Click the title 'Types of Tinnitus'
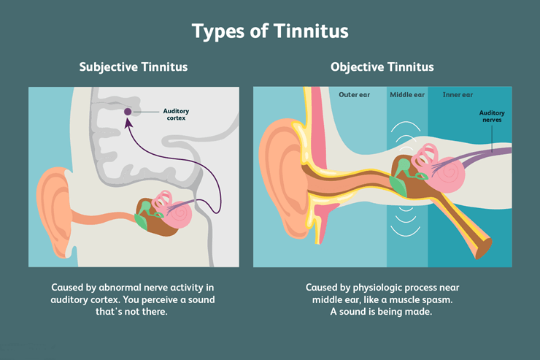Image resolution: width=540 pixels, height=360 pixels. tap(270, 31)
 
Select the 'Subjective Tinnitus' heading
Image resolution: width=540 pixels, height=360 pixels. tap(134, 67)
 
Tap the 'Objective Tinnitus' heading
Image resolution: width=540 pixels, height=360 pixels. tap(382, 67)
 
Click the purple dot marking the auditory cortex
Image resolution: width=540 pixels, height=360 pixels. tap(128, 112)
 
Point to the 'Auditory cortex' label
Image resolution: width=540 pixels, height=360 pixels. tap(175, 115)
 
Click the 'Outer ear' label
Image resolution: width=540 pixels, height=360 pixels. tap(355, 95)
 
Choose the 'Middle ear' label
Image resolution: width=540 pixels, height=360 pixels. tap(406, 95)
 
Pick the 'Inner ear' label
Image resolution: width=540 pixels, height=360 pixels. tap(458, 95)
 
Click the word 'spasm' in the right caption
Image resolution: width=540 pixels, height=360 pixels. tap(433, 300)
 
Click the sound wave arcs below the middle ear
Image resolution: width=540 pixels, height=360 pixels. tap(404, 230)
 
